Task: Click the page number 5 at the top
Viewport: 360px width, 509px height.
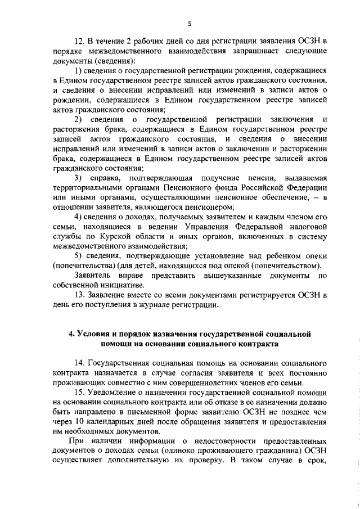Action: point(190,23)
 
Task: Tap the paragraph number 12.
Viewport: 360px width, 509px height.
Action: point(80,42)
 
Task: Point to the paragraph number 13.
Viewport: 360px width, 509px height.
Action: point(80,295)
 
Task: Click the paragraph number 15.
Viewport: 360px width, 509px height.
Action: point(80,392)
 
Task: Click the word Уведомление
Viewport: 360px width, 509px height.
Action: point(118,392)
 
